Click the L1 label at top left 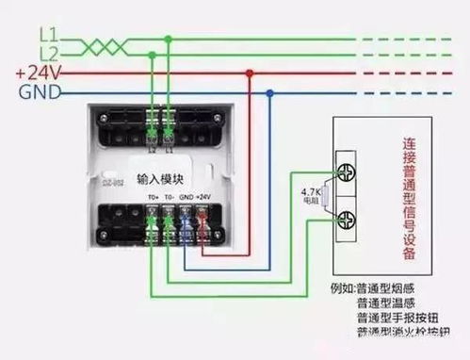[50, 32]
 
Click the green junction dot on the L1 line [168, 39]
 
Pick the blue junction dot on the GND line [271, 92]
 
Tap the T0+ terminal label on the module [154, 197]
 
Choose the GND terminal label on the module [186, 197]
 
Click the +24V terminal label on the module [203, 197]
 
